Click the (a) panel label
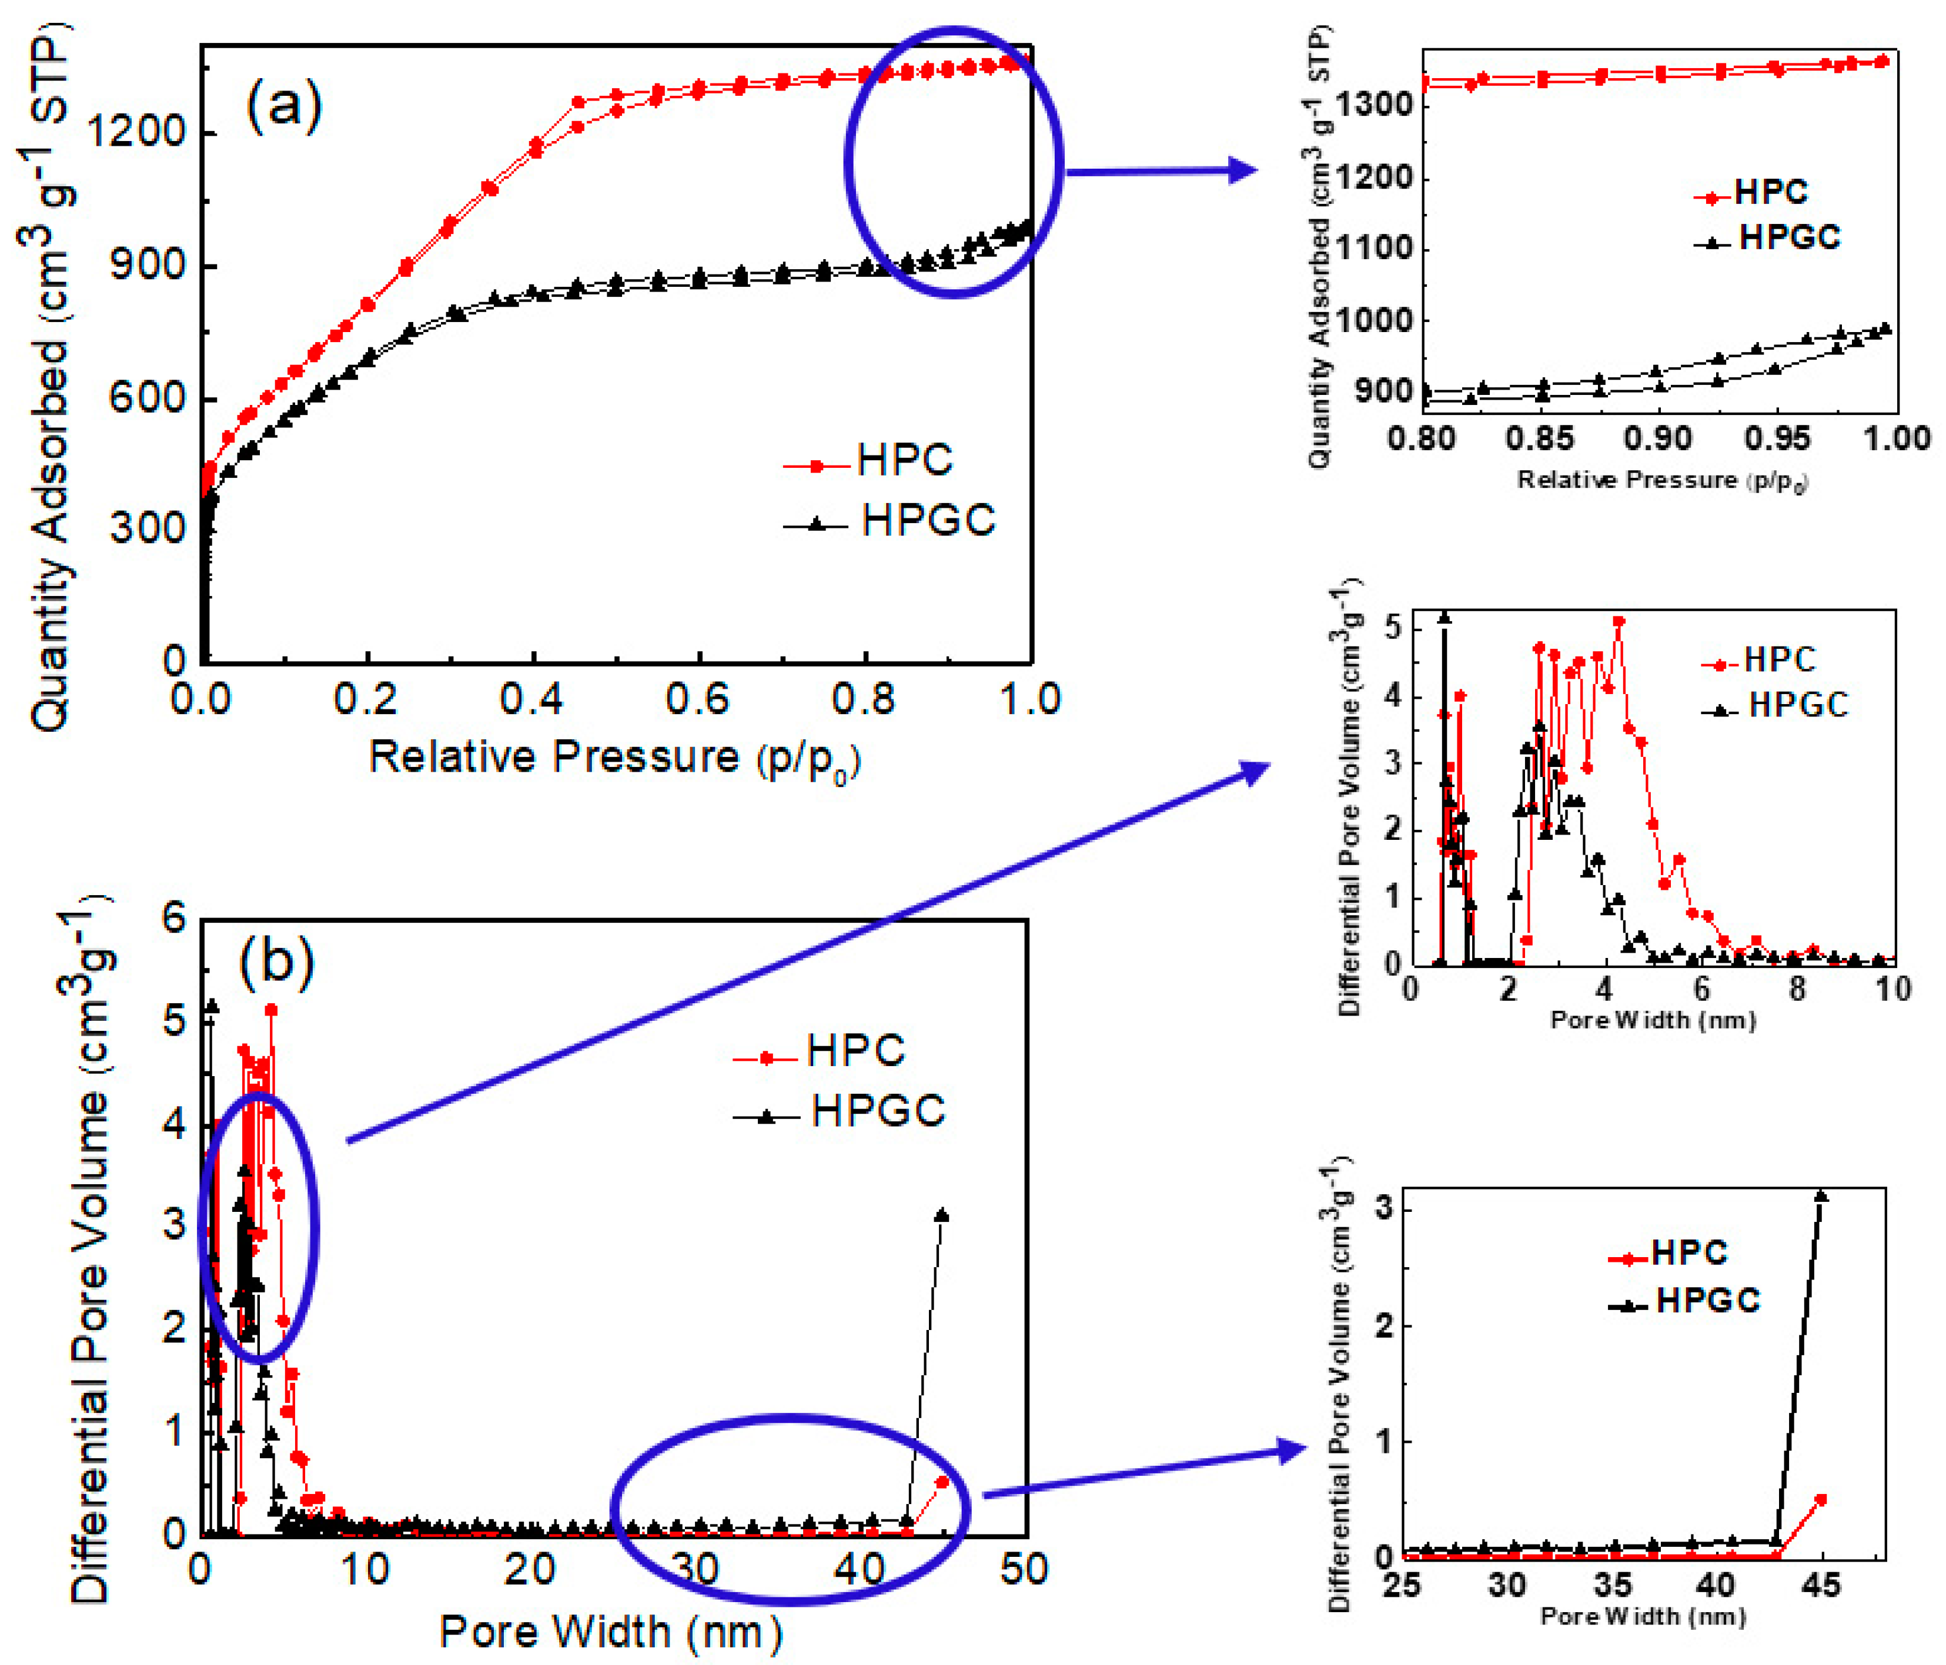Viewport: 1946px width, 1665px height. point(283,104)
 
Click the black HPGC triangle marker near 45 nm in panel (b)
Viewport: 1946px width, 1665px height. point(942,1216)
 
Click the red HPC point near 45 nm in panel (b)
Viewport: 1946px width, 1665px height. point(942,1482)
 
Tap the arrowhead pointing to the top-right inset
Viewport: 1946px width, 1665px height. point(1242,171)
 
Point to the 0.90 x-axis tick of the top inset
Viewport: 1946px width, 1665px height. point(1659,438)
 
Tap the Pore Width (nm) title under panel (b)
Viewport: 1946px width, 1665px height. point(610,1632)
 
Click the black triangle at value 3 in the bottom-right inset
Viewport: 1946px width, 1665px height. point(1821,1197)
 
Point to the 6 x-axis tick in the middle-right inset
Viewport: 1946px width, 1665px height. point(1701,989)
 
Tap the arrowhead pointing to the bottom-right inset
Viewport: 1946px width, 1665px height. point(1292,1451)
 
